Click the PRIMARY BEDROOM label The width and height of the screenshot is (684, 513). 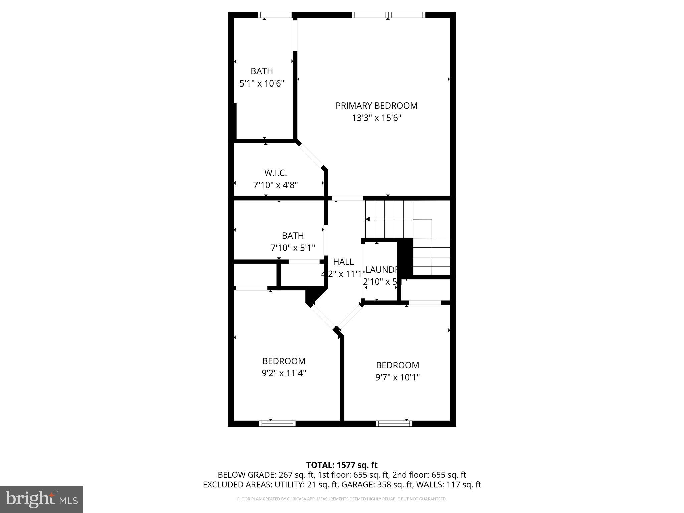pos(376,106)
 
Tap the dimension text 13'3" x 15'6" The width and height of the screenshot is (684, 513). pos(376,118)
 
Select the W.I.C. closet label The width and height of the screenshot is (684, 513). pos(275,173)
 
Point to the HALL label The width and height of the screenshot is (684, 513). pos(343,262)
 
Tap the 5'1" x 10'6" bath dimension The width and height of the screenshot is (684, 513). pos(262,83)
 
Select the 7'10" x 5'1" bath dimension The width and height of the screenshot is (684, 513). pos(293,248)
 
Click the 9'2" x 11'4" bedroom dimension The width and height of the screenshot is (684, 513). pos(284,373)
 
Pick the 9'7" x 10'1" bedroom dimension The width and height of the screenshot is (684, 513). pos(397,377)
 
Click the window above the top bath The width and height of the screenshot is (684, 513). pos(275,15)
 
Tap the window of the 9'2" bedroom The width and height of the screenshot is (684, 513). pos(277,424)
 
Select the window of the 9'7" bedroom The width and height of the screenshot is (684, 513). pos(394,424)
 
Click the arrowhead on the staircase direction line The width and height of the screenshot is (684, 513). pos(368,219)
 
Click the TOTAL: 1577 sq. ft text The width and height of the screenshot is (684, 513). pos(342,465)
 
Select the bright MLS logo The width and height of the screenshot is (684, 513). pos(41,499)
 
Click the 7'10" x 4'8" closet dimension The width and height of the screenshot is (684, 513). pos(275,185)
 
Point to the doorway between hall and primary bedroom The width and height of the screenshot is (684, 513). pos(347,198)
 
